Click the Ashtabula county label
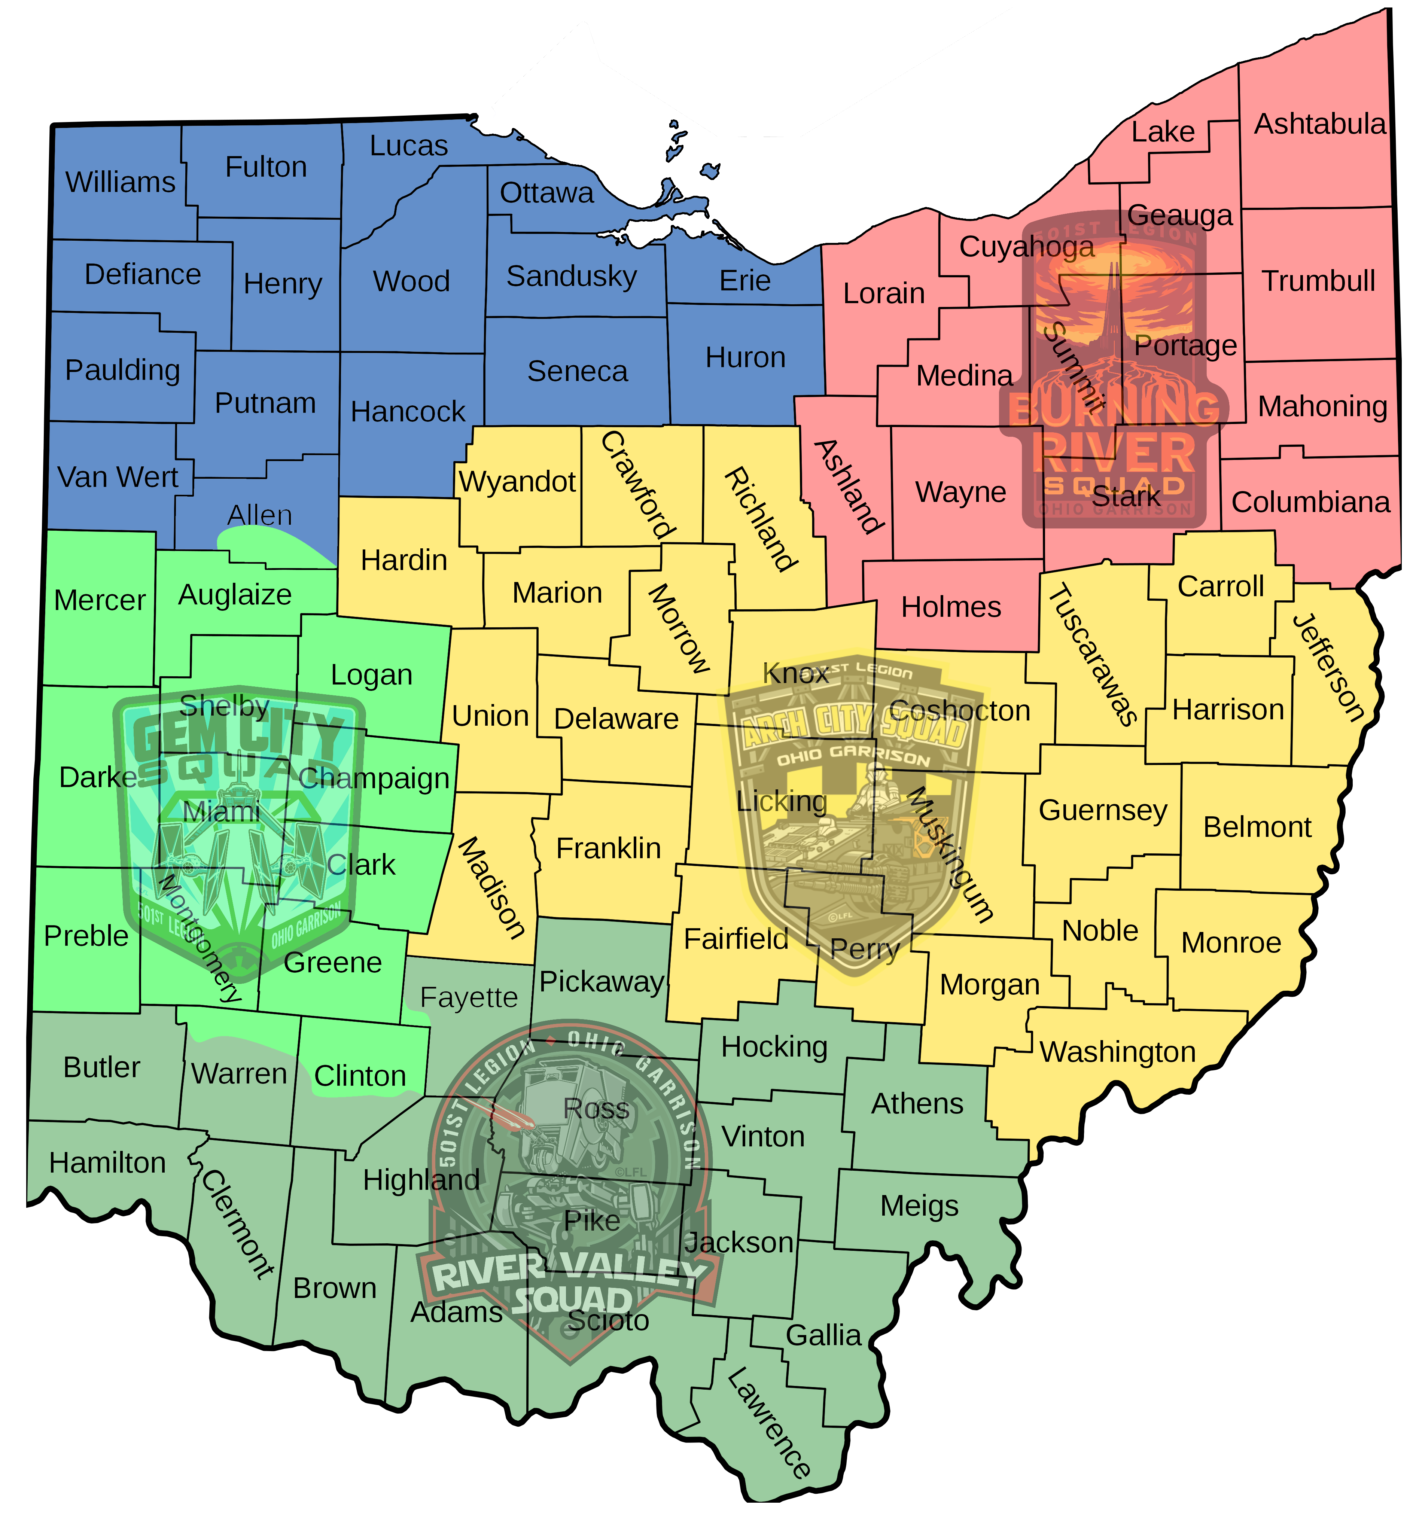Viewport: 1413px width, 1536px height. (x=1320, y=124)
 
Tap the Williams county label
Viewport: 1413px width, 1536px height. (x=120, y=182)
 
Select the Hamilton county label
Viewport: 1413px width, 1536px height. (x=107, y=1163)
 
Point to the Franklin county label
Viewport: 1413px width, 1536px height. (x=608, y=849)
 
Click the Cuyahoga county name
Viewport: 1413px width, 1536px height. (x=1026, y=247)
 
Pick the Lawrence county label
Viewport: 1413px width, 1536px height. (x=768, y=1424)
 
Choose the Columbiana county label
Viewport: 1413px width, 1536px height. (x=1310, y=502)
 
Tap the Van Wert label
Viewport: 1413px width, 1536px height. (x=118, y=477)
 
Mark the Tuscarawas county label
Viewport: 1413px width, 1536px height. (x=1092, y=656)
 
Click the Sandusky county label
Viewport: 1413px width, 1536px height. (x=571, y=276)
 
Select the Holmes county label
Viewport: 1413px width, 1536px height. (x=950, y=607)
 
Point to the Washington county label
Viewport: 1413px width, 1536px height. (x=1117, y=1052)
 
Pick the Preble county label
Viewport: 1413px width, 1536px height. (x=86, y=936)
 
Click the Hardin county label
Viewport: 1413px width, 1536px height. (x=403, y=560)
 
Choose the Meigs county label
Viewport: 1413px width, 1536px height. (x=919, y=1206)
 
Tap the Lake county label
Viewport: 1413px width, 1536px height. (x=1162, y=132)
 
